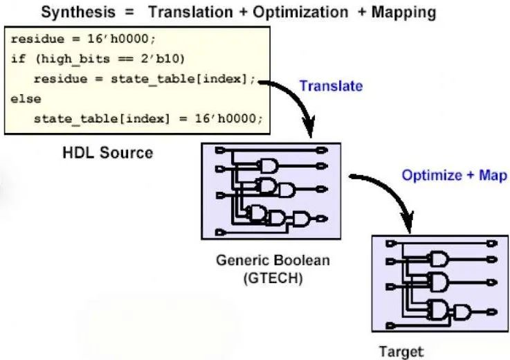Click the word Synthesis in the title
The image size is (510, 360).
point(78,12)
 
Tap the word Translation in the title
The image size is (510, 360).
point(191,12)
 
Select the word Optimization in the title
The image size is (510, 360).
point(300,12)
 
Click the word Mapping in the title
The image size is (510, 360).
point(403,12)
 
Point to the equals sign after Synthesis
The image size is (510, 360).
point(129,12)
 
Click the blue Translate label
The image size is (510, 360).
point(331,86)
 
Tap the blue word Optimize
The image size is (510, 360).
point(432,175)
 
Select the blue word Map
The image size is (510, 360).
point(493,175)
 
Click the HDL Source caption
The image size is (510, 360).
point(108,153)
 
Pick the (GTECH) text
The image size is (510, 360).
point(273,278)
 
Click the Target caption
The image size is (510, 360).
point(401,352)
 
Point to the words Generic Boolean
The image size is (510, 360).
point(273,260)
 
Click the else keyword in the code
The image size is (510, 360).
point(26,99)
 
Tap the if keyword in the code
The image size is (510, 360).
point(18,59)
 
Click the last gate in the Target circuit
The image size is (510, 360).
point(462,312)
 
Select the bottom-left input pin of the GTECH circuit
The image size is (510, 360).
point(220,233)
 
